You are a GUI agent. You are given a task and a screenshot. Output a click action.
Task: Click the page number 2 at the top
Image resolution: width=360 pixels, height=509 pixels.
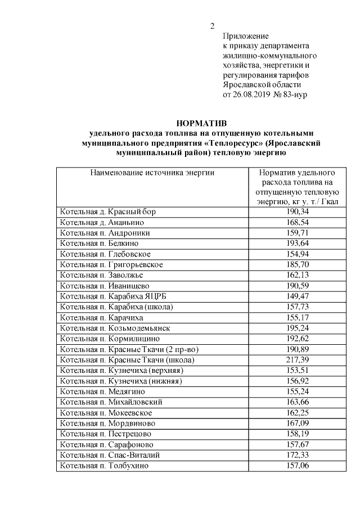coord(212,26)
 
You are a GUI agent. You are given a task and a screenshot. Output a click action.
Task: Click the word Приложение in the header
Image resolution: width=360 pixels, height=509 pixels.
coord(246,36)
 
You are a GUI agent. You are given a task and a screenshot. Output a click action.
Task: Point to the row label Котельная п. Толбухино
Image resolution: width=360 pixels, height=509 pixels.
coord(105,465)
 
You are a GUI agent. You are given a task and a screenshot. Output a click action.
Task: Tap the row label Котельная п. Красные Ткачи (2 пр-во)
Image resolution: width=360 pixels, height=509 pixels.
coord(129,349)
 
